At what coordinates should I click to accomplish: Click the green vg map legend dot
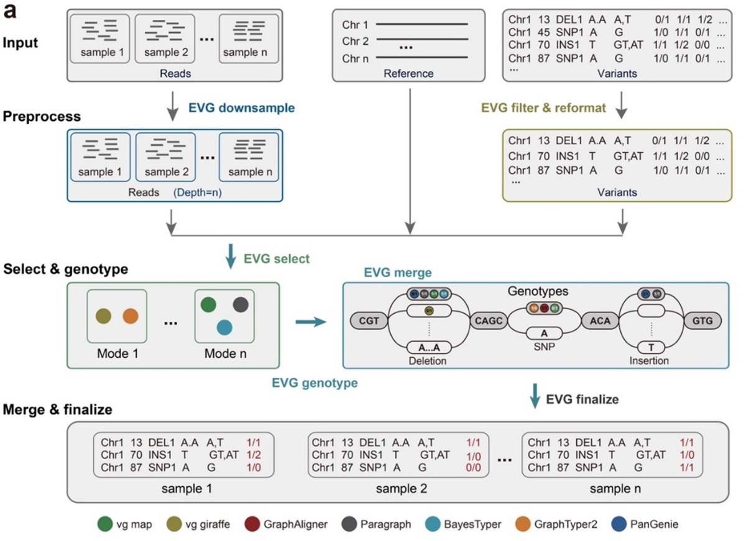coord(104,524)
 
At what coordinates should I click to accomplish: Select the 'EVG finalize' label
coord(582,399)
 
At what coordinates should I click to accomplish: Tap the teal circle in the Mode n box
coord(224,328)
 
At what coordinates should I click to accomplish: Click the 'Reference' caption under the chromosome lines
coord(408,73)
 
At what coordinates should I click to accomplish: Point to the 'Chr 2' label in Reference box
coord(355,41)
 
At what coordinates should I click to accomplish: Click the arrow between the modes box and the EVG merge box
coord(310,321)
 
